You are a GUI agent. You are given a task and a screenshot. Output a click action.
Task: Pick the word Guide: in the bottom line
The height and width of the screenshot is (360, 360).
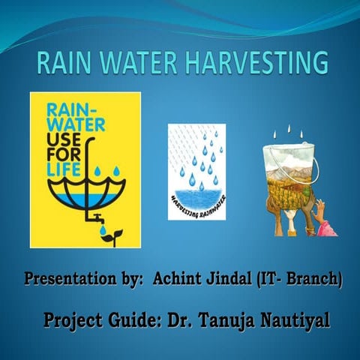pos(132,322)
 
